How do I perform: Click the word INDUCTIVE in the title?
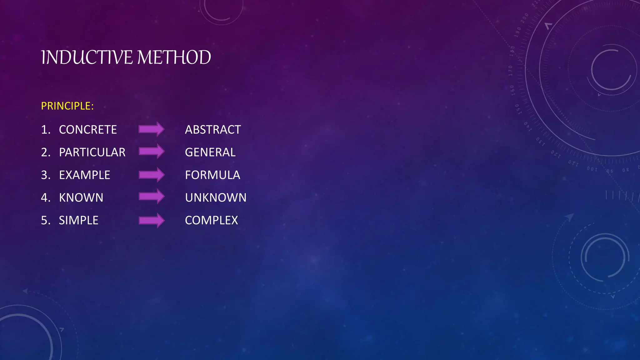pyautogui.click(x=87, y=57)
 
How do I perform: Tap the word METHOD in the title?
pyautogui.click(x=174, y=57)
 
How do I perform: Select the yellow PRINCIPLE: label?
pyautogui.click(x=67, y=106)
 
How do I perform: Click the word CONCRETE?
pyautogui.click(x=88, y=130)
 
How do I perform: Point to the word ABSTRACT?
pyautogui.click(x=213, y=130)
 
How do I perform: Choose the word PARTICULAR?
pyautogui.click(x=92, y=152)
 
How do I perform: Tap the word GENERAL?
pyautogui.click(x=210, y=152)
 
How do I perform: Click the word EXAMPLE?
pyautogui.click(x=84, y=175)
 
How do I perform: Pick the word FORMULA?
pyautogui.click(x=212, y=175)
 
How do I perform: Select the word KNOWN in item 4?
pyautogui.click(x=81, y=198)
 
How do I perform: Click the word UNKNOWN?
pyautogui.click(x=216, y=198)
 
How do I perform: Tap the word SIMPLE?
pyautogui.click(x=78, y=221)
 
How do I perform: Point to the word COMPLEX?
pyautogui.click(x=211, y=221)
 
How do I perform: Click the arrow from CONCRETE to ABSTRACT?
pyautogui.click(x=152, y=129)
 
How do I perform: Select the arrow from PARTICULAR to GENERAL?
pyautogui.click(x=152, y=152)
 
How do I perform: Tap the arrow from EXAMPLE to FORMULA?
pyautogui.click(x=152, y=174)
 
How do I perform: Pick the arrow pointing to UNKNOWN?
pyautogui.click(x=152, y=197)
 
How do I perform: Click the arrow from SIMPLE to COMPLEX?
pyautogui.click(x=152, y=220)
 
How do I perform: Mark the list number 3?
pyautogui.click(x=45, y=175)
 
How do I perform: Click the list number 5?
pyautogui.click(x=45, y=221)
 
